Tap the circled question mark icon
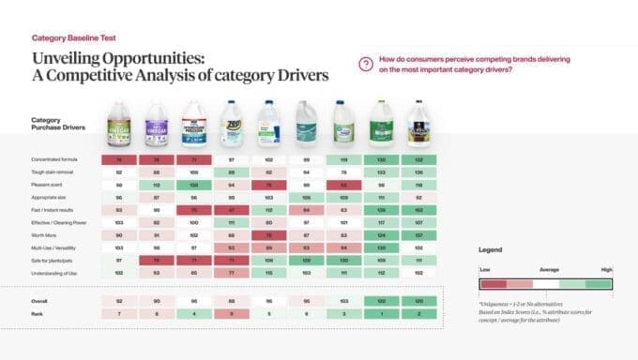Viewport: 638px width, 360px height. pyautogui.click(x=366, y=64)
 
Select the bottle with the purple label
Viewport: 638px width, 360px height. pyautogui.click(x=157, y=125)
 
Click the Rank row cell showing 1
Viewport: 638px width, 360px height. pyautogui.click(x=381, y=314)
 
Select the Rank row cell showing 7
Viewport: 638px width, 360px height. pyautogui.click(x=119, y=314)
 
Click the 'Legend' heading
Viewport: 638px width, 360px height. pyautogui.click(x=489, y=250)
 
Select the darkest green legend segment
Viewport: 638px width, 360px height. pyautogui.click(x=598, y=283)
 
